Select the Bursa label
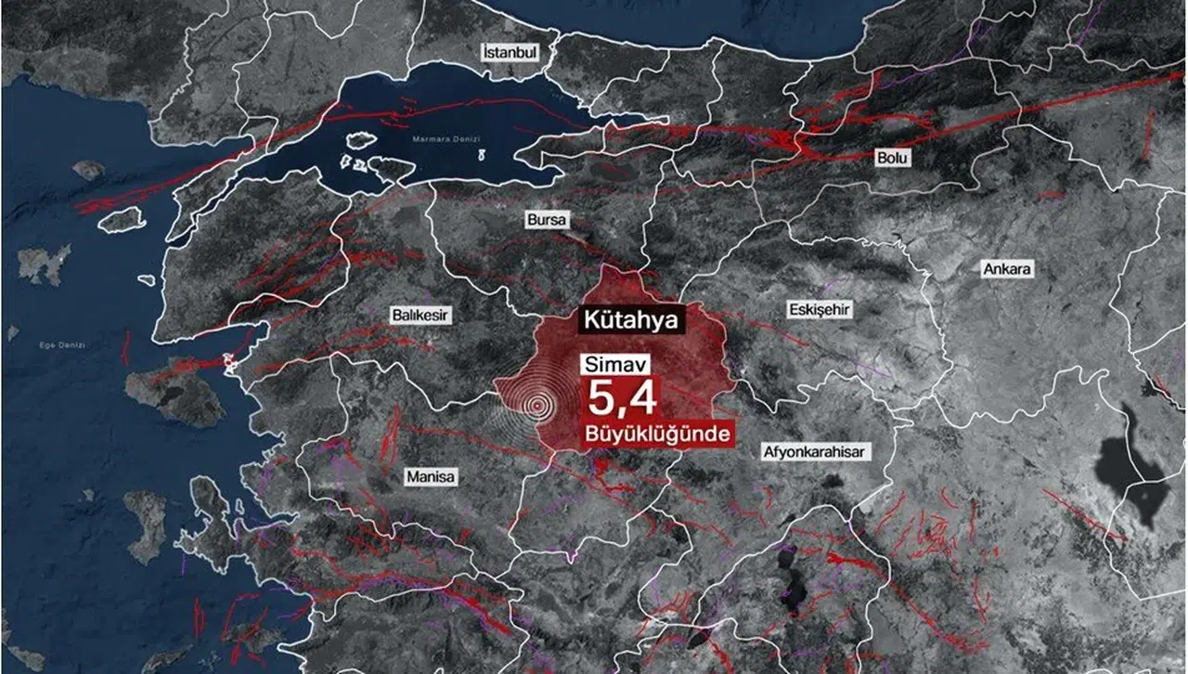coord(546,221)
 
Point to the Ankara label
coord(1007,269)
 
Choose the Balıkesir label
coord(420,316)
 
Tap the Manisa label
coord(431,477)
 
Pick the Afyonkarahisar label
coord(815,452)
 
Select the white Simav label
coord(608,364)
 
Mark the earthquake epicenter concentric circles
coord(536,405)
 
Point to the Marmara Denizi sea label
coord(447,139)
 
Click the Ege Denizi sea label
coord(62,345)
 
